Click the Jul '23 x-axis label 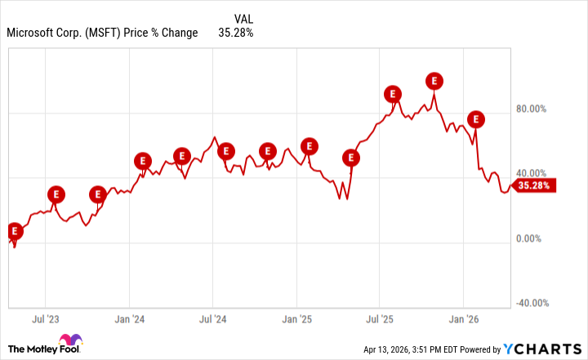tap(46, 318)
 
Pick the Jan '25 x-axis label tap(297, 318)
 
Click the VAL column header tap(243, 18)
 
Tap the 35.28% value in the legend tap(235, 33)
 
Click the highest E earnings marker tap(434, 80)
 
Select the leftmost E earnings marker tap(13, 231)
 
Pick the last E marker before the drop tap(475, 119)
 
